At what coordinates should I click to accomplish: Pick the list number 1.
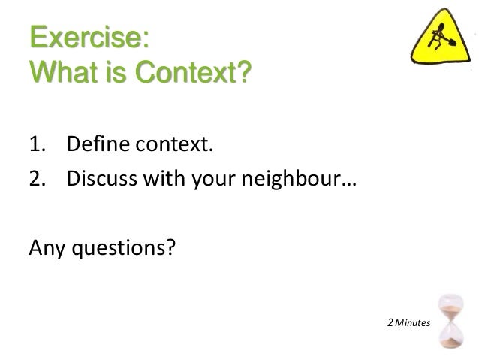(38, 144)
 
